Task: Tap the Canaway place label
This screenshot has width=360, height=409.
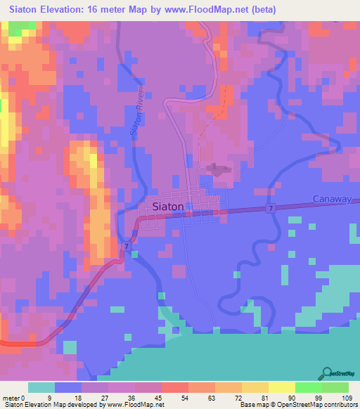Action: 331,200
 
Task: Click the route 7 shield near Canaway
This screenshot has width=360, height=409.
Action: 271,209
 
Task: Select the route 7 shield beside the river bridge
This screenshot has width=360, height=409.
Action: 126,247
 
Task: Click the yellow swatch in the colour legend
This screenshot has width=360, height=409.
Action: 282,387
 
